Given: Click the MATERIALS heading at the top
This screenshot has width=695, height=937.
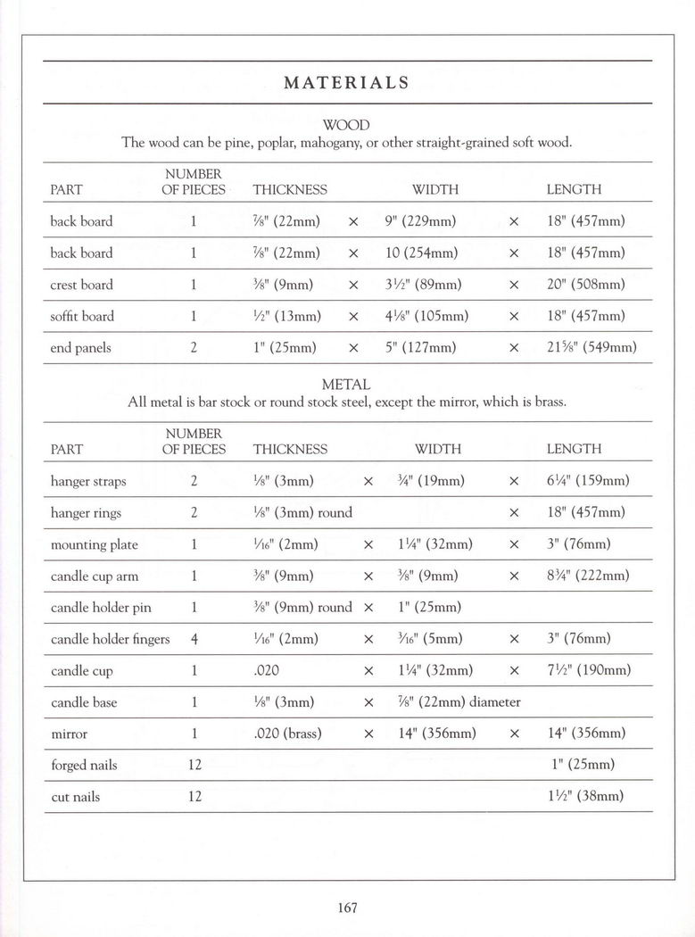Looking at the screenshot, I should pyautogui.click(x=347, y=83).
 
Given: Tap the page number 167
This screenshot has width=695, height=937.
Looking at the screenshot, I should pyautogui.click(x=348, y=908).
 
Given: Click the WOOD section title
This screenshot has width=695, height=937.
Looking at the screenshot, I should pyautogui.click(x=346, y=125).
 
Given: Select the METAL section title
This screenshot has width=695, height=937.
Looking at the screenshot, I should pyautogui.click(x=346, y=385).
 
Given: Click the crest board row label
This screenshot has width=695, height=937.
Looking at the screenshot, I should pyautogui.click(x=81, y=285).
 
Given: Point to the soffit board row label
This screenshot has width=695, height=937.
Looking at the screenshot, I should pyautogui.click(x=82, y=316).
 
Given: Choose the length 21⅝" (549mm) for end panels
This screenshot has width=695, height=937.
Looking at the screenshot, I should pyautogui.click(x=592, y=348).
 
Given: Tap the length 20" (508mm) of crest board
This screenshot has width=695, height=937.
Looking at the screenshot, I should pyautogui.click(x=585, y=285).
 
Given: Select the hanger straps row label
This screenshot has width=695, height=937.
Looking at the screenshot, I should pyautogui.click(x=88, y=481).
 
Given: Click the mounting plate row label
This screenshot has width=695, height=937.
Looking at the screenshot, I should pyautogui.click(x=94, y=544).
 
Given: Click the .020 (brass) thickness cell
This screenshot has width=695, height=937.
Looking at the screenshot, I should pyautogui.click(x=287, y=734).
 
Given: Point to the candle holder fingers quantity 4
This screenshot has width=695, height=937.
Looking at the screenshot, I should pyautogui.click(x=194, y=639).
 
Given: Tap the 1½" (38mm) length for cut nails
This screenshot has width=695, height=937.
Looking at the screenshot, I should pyautogui.click(x=585, y=796).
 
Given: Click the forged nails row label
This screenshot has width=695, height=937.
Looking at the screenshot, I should pyautogui.click(x=84, y=765).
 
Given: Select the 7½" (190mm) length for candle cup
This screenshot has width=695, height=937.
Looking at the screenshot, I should pyautogui.click(x=588, y=670).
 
